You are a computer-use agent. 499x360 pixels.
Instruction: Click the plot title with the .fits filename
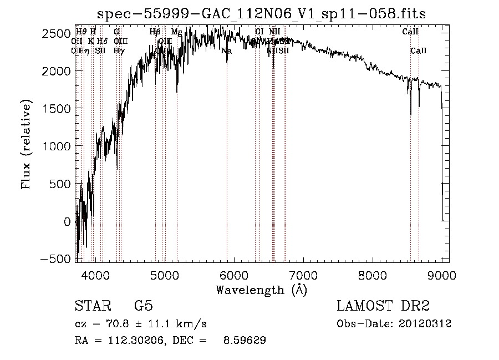262,14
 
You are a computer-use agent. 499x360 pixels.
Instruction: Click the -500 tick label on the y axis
56,259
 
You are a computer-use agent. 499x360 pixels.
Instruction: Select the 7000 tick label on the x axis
303,275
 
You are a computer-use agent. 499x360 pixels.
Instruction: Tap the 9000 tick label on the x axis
442,275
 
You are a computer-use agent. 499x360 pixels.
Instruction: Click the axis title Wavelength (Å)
261,290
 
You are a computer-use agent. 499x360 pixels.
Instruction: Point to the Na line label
226,51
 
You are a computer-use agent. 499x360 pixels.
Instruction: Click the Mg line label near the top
176,32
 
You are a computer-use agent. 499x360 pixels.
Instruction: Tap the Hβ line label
155,32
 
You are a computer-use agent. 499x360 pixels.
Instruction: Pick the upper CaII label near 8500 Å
410,32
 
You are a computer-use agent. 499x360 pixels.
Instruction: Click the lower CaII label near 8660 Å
419,51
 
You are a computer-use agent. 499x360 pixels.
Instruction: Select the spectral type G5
144,306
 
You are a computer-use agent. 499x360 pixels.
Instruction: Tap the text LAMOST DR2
383,306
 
